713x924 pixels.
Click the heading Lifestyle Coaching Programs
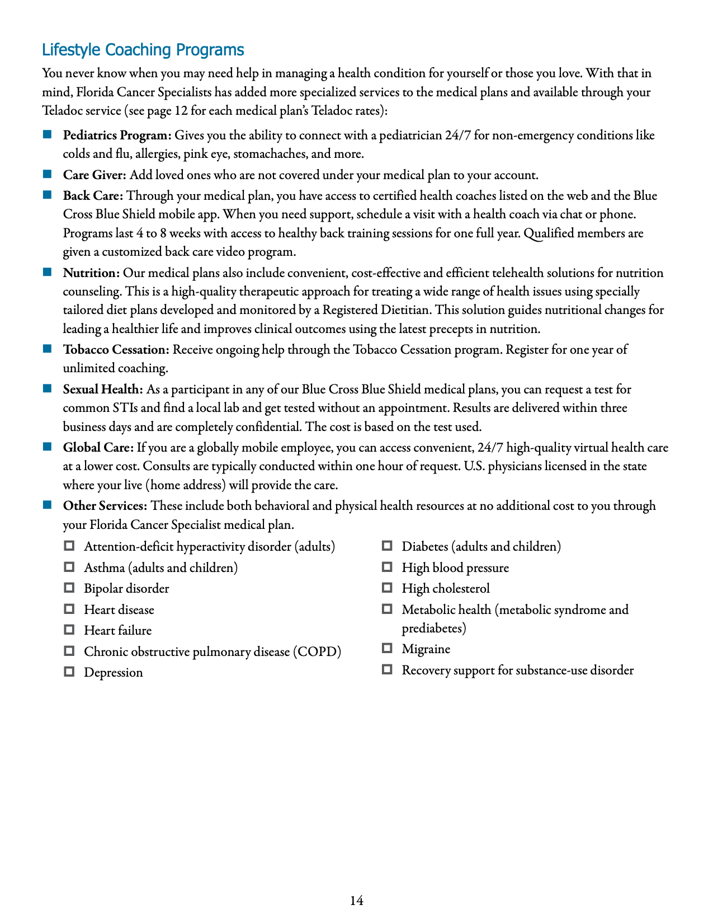[143, 50]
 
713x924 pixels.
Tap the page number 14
[356, 900]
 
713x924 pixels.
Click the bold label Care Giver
[95, 175]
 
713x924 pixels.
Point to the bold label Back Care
[93, 196]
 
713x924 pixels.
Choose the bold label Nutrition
[91, 273]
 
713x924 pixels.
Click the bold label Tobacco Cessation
[116, 350]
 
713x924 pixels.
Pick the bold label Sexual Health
[103, 390]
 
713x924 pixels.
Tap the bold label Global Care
[98, 448]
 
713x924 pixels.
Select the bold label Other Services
[105, 506]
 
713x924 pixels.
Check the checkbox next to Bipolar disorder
[69, 588]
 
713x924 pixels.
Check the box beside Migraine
[387, 648]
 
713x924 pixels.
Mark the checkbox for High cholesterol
[387, 588]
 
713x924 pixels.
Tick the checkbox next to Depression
[69, 672]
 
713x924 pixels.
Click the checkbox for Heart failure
[69, 630]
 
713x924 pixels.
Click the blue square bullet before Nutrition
[48, 273]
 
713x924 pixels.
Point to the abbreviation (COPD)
[317, 652]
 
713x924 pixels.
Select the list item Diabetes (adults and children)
[481, 547]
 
